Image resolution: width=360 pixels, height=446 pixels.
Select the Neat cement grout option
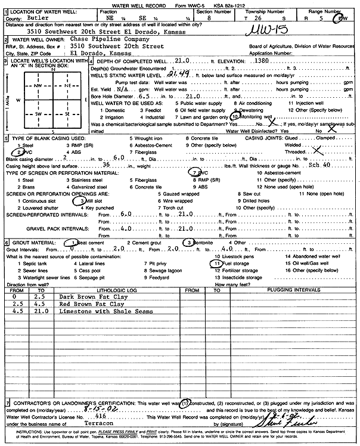[88, 243]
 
